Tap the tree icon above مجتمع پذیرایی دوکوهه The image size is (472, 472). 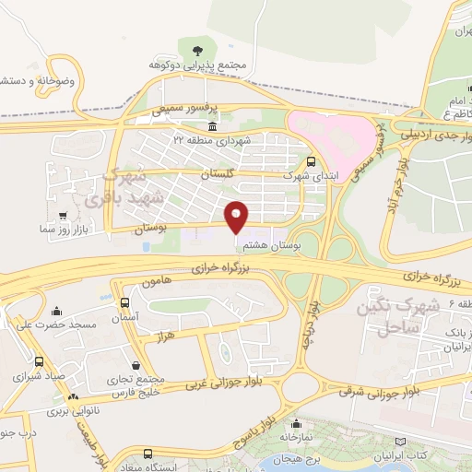pos(195,49)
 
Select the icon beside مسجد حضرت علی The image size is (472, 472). pos(57,311)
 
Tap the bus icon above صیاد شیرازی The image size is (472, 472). pos(39,362)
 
